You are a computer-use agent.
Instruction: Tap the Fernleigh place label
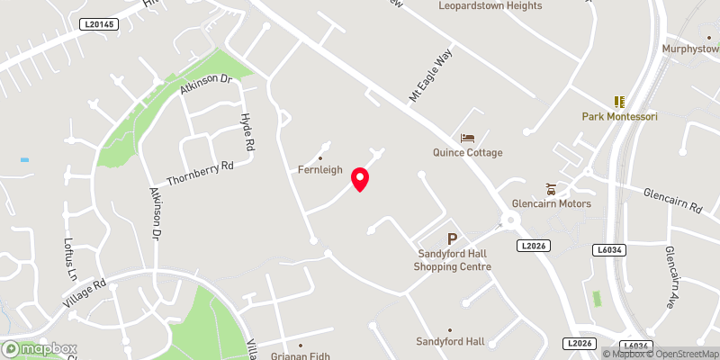[319, 170]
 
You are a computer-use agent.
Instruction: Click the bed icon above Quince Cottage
[467, 138]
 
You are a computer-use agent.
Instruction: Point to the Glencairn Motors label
[551, 203]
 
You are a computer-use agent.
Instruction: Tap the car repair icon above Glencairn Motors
[550, 188]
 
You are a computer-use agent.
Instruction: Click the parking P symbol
[452, 239]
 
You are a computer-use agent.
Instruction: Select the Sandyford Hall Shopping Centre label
[452, 260]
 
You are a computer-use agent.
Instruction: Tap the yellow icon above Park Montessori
[618, 102]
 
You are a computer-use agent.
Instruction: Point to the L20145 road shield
[98, 24]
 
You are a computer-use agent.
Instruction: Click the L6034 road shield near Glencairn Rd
[609, 248]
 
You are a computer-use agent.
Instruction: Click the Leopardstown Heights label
[490, 5]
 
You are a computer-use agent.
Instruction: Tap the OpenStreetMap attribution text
[680, 354]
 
